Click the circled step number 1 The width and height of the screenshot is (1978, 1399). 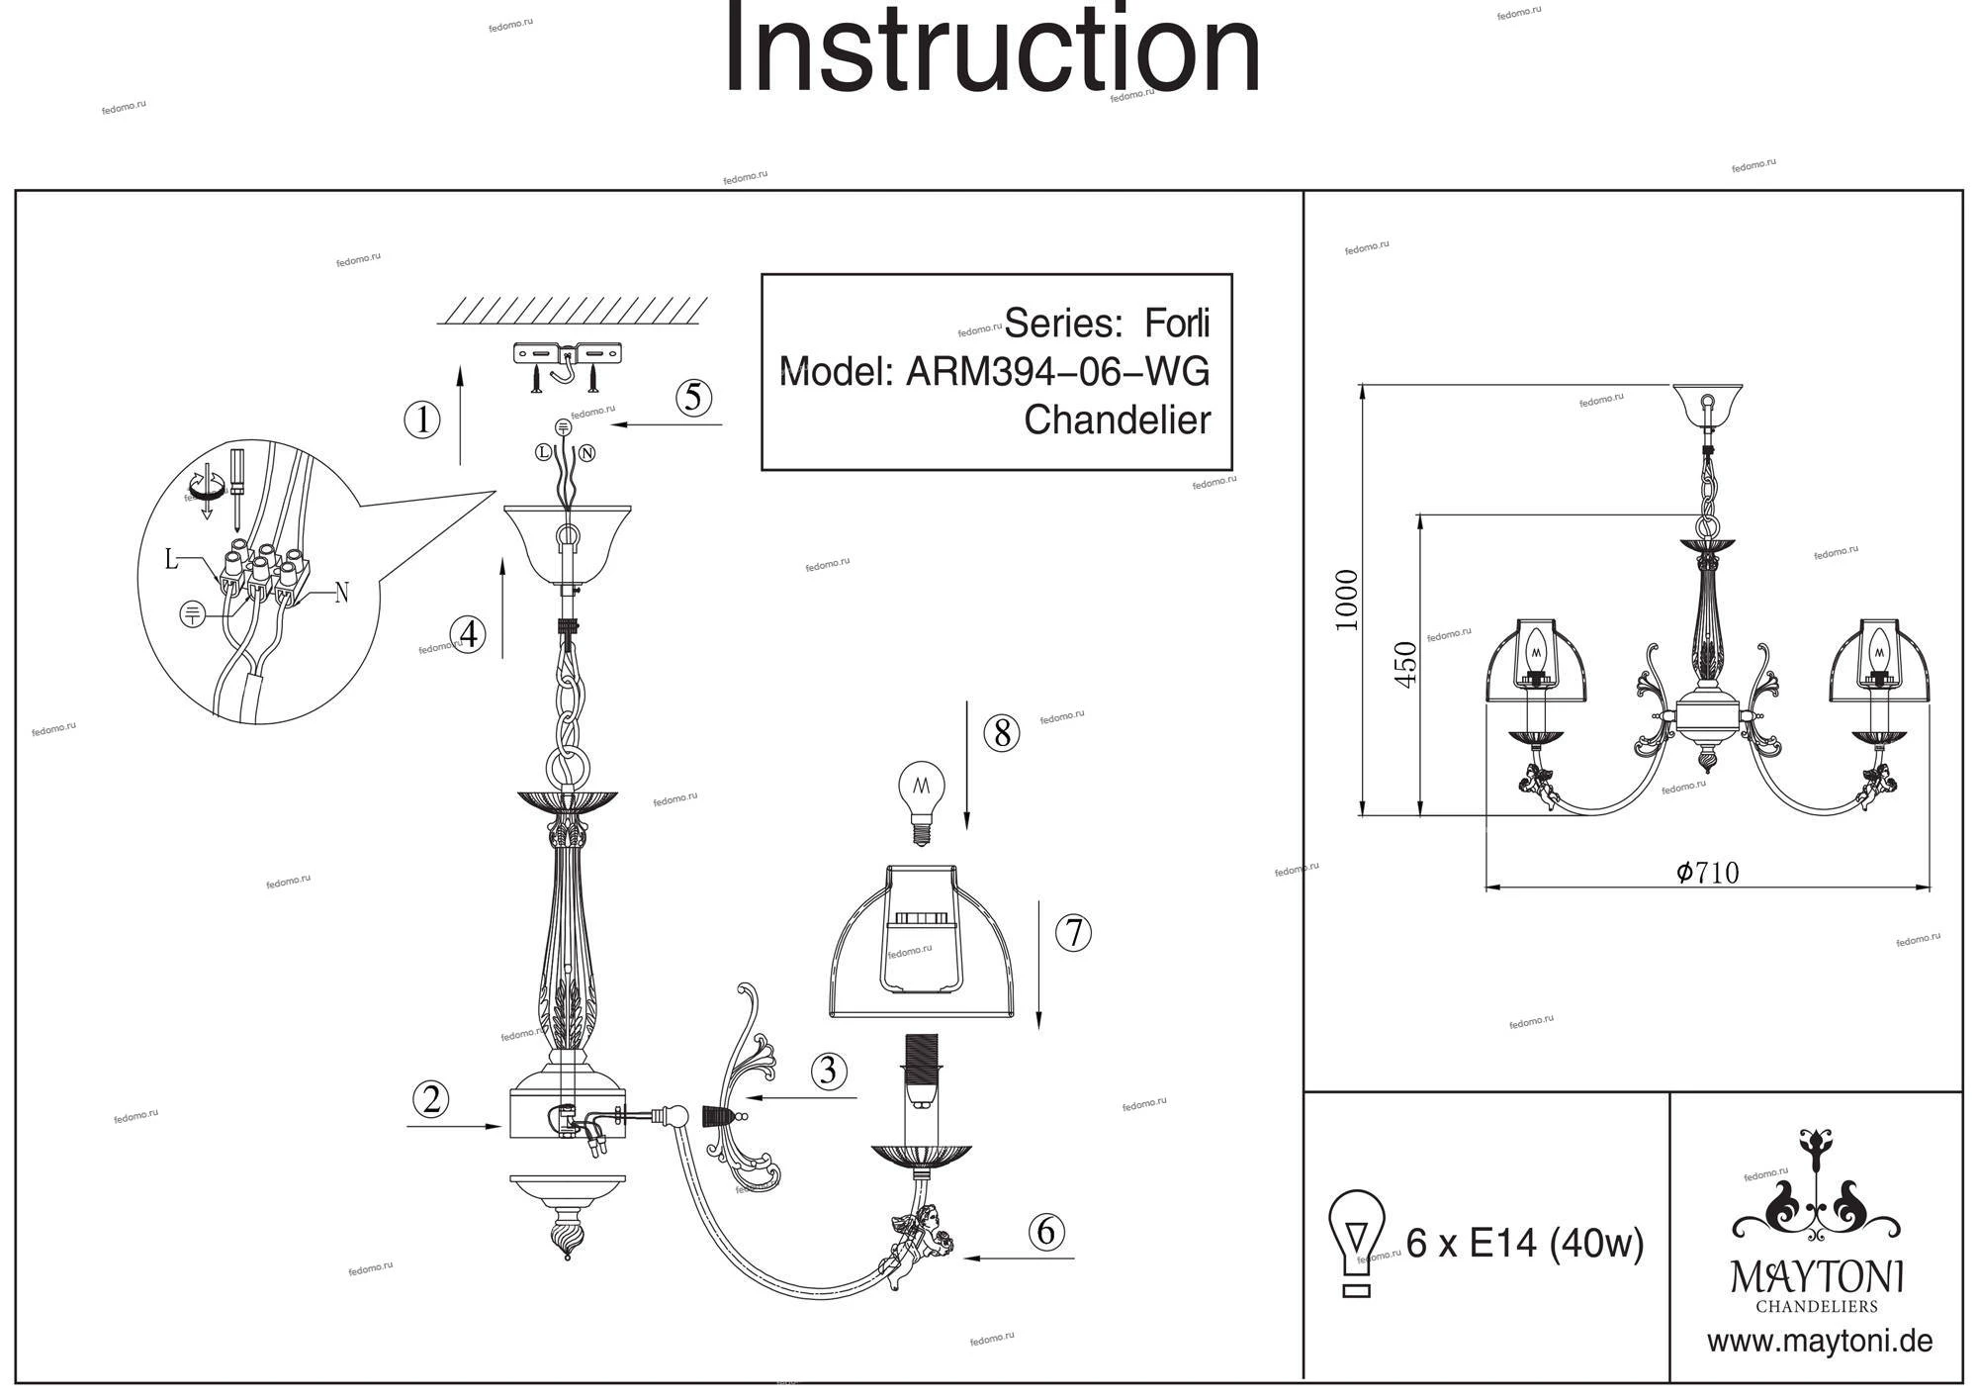(x=422, y=420)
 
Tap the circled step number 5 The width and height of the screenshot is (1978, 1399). (x=693, y=397)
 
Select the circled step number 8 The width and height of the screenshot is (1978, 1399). (x=1001, y=733)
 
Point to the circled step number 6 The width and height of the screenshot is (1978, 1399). (x=1045, y=1231)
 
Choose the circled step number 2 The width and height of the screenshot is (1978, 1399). (x=430, y=1099)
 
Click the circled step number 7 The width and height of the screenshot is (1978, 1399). (x=1073, y=933)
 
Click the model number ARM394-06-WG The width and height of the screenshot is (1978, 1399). (x=1057, y=372)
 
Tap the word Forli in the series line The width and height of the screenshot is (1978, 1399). (x=1177, y=324)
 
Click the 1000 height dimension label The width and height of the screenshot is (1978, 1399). (x=1346, y=600)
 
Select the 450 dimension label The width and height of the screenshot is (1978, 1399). (x=1404, y=664)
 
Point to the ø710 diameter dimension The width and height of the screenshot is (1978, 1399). (x=1708, y=872)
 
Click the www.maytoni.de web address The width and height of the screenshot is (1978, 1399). (x=1819, y=1342)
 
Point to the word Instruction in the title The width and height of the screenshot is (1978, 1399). (x=992, y=49)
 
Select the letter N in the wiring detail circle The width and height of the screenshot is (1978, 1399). (x=341, y=594)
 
